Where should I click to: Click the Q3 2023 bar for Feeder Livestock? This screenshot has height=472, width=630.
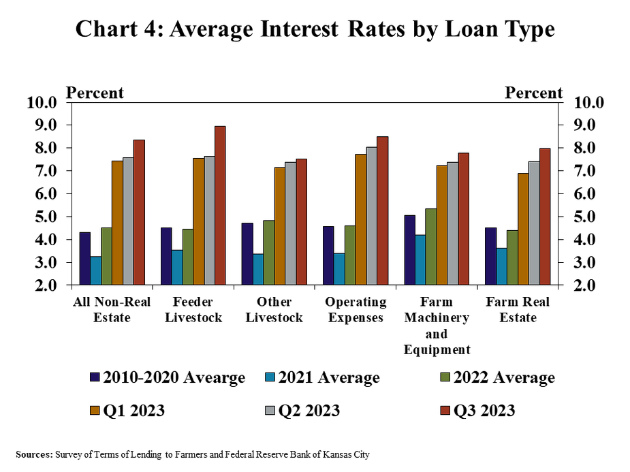[220, 206]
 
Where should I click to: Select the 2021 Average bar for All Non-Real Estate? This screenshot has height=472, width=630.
[96, 270]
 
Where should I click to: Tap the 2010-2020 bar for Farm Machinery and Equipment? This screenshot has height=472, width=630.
[409, 250]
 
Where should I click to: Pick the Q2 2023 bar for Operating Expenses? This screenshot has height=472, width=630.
[372, 216]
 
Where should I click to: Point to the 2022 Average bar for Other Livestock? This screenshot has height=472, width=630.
[269, 253]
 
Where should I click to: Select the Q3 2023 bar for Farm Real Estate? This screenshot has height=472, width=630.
[545, 217]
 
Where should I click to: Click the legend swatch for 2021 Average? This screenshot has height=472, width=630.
[272, 377]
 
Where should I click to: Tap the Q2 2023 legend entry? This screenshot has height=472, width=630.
[306, 411]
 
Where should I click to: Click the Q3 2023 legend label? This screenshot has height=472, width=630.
[484, 411]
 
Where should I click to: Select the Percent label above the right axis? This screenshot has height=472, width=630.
[533, 93]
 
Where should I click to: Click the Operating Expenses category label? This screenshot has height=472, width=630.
[356, 310]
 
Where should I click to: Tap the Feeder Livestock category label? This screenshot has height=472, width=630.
[193, 310]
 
